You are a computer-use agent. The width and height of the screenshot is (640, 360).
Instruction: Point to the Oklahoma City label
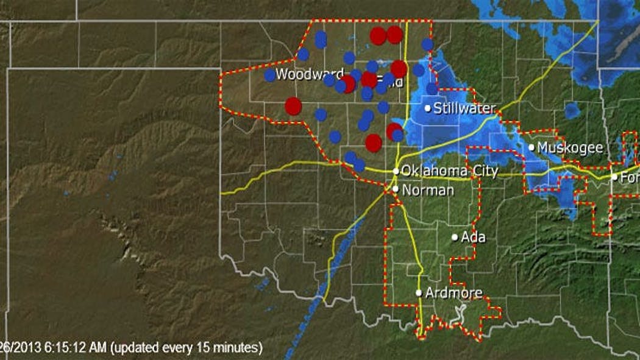tap(450, 172)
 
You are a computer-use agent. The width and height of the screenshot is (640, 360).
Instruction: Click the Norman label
tap(428, 190)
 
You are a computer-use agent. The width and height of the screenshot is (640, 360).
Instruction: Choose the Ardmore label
tap(453, 293)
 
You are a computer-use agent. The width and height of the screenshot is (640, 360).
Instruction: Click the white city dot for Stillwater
tap(428, 108)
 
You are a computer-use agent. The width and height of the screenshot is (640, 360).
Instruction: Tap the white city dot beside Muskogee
tap(532, 147)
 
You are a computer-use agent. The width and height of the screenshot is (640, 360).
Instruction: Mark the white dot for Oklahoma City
tap(396, 171)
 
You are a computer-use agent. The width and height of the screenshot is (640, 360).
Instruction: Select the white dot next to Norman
tap(396, 189)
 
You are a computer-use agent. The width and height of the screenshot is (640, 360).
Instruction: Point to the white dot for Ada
tap(455, 237)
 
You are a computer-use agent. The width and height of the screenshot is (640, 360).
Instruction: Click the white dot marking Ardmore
tap(419, 293)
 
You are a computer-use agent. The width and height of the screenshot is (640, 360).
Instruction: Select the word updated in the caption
tap(132, 348)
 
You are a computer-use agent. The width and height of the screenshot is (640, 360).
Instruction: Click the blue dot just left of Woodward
tap(269, 75)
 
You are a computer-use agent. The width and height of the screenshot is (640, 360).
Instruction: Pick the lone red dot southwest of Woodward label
tap(293, 106)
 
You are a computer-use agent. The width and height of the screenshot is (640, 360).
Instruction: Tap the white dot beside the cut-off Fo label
tap(614, 177)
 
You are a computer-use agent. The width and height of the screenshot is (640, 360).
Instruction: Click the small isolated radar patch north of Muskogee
tap(572, 110)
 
